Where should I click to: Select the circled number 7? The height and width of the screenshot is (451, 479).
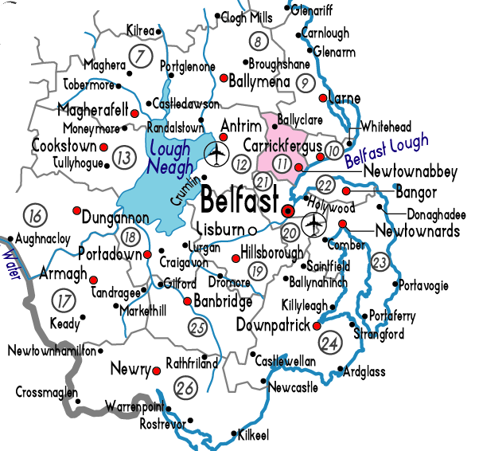pos(140,57)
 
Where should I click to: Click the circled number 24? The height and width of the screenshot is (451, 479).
pos(329,343)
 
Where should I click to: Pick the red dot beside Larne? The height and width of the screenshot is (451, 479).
pos(322,99)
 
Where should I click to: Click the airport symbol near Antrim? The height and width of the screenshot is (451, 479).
pos(216,151)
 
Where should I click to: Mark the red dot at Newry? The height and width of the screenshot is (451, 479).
pos(158,371)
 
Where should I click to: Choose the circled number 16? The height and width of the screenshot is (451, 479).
pos(34,215)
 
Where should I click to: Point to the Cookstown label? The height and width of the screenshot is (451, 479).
pos(64,146)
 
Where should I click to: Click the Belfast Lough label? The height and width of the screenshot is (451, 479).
pos(387,151)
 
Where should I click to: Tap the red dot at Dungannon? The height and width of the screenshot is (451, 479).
pos(76,211)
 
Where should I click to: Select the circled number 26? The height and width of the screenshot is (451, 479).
pos(186,389)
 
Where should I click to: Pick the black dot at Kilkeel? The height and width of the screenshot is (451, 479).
pos(233,435)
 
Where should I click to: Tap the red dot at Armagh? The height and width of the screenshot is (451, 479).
pos(93,280)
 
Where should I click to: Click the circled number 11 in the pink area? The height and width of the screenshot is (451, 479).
pos(281,163)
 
